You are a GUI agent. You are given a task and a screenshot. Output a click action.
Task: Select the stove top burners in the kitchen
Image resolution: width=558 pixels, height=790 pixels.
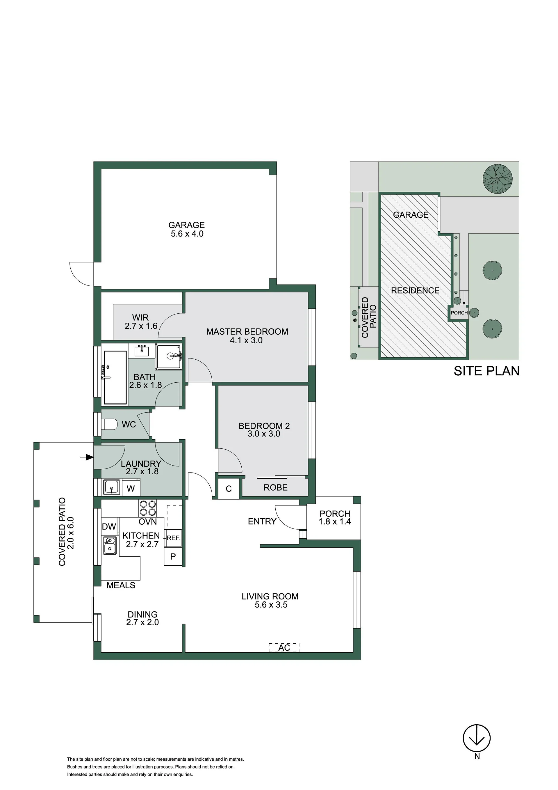(147, 508)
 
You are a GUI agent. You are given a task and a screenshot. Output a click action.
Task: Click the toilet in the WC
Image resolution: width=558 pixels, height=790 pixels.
(109, 424)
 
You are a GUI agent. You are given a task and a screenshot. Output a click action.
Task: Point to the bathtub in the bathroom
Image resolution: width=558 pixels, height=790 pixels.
(115, 377)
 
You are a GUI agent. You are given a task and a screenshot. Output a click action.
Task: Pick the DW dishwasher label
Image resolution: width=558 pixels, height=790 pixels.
(109, 526)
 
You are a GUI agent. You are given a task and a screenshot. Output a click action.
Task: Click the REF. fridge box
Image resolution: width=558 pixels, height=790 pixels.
(173, 538)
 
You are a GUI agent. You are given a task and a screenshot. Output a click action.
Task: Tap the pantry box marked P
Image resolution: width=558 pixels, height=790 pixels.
(173, 556)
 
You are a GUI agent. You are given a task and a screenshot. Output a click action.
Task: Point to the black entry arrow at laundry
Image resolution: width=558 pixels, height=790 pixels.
(87, 457)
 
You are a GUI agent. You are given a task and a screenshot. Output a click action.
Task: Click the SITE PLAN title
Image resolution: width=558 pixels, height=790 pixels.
(486, 371)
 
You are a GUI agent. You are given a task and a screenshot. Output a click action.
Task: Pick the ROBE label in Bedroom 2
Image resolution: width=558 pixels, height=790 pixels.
(275, 488)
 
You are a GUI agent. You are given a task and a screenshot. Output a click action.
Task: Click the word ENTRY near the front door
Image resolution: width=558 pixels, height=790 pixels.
(262, 522)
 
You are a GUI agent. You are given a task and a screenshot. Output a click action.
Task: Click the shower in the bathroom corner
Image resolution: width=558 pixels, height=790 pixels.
(169, 356)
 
